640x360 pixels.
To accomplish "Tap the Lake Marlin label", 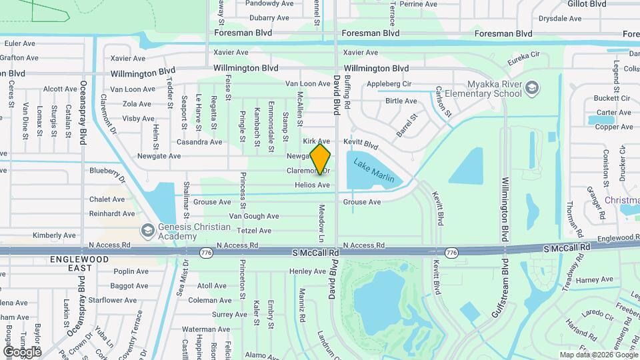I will (374, 170).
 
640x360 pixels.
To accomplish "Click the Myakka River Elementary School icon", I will (531, 88).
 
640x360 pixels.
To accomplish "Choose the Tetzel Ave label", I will (255, 231).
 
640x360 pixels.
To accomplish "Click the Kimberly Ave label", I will (54, 235).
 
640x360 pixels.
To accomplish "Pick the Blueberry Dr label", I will (107, 174).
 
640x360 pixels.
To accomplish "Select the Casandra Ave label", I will (199, 142).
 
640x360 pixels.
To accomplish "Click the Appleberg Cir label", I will (389, 84).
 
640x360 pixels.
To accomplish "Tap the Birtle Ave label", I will (401, 101).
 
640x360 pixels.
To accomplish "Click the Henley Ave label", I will (307, 271).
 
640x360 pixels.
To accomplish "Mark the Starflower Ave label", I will (113, 301).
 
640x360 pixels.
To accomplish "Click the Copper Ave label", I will (614, 127).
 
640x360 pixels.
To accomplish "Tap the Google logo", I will (22, 351).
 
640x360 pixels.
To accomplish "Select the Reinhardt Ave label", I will (112, 214).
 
